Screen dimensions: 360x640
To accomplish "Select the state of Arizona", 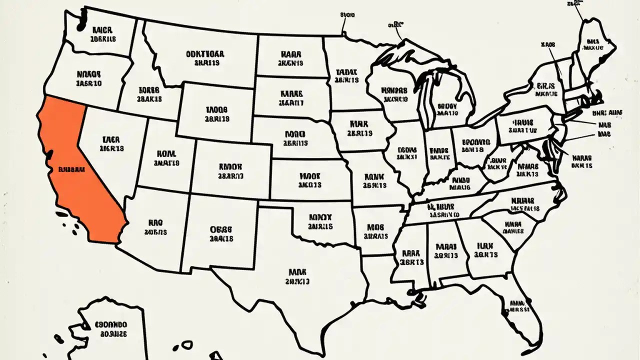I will coord(155,225).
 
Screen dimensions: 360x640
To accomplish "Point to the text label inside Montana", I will coord(204,58).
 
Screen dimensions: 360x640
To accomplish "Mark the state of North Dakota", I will coord(290,57).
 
